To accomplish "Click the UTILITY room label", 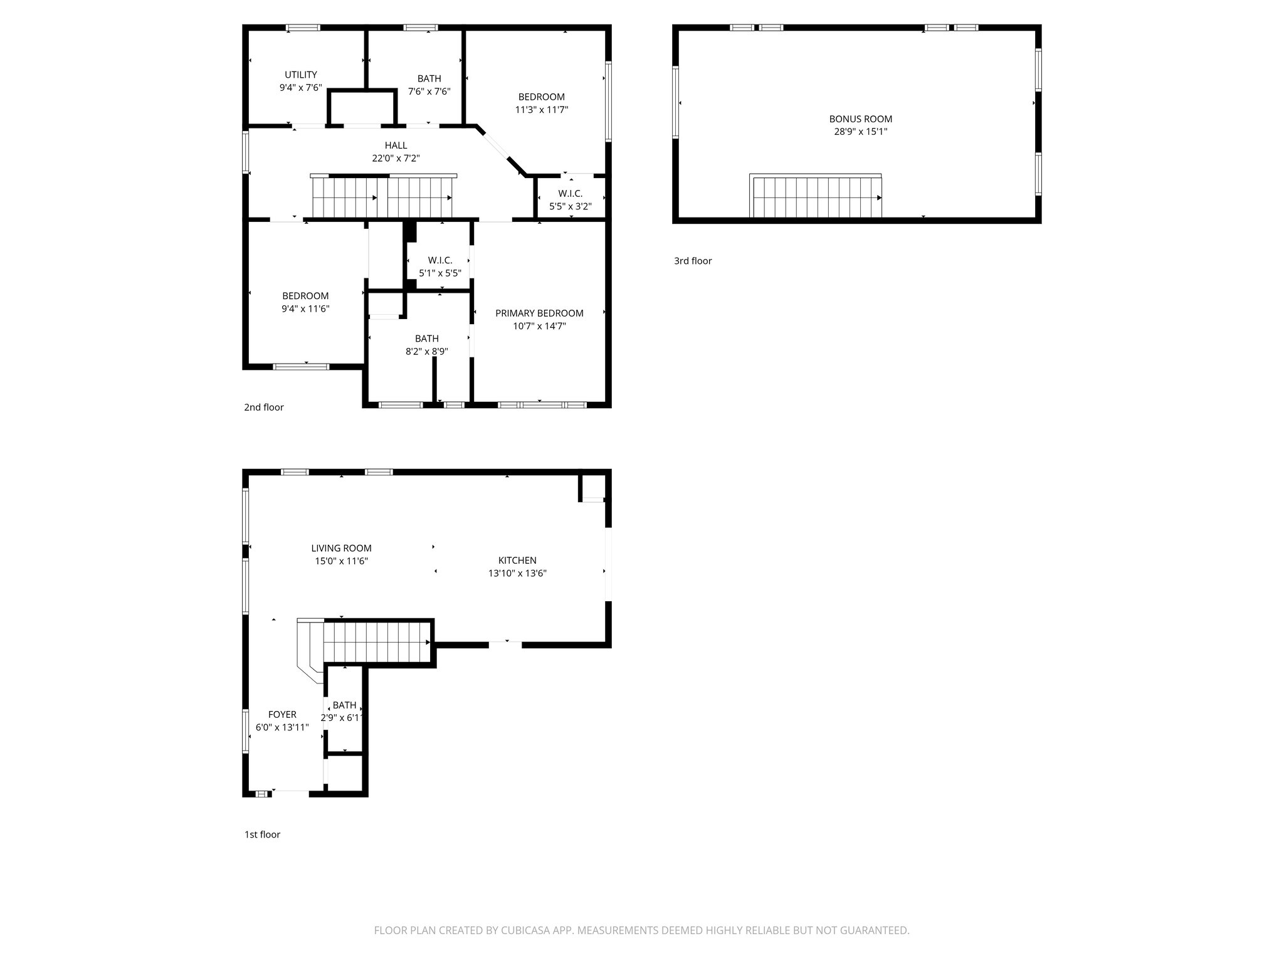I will [300, 75].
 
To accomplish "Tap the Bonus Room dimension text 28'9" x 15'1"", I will [860, 132].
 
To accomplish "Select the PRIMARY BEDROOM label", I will [539, 313].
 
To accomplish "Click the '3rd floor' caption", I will [693, 261].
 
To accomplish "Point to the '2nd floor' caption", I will [263, 408].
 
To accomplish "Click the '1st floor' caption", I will [262, 834].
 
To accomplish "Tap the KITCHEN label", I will [517, 560].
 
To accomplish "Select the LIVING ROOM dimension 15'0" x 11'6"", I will [341, 561].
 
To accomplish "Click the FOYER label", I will [282, 715].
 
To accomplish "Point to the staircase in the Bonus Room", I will [816, 197].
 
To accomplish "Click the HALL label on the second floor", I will [396, 145].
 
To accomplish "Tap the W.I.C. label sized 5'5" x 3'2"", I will [570, 194].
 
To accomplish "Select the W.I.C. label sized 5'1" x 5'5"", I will [440, 260].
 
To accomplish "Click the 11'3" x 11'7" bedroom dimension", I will [541, 110].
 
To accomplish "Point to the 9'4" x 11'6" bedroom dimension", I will [305, 309].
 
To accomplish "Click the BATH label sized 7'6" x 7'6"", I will [429, 78].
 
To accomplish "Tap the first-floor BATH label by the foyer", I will [344, 705].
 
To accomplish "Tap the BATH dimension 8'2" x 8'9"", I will [426, 352].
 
